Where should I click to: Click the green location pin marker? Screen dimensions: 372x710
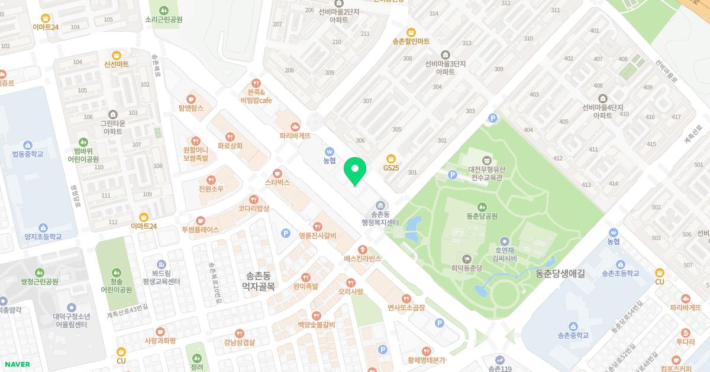click(x=355, y=171)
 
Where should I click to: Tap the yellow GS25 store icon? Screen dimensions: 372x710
click(x=390, y=158)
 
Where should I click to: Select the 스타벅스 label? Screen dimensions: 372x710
click(x=277, y=182)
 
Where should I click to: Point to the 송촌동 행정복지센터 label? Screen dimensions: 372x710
click(x=380, y=218)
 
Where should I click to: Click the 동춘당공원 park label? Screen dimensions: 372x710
click(x=482, y=216)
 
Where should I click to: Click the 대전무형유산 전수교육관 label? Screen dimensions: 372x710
click(x=487, y=172)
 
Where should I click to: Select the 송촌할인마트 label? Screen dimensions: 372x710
click(x=411, y=41)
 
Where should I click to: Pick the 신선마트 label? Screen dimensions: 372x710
click(x=116, y=64)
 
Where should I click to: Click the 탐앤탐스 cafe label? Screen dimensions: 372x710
click(x=191, y=108)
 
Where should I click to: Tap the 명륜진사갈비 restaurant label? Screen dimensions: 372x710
click(x=318, y=236)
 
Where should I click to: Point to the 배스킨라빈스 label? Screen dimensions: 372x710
click(x=362, y=259)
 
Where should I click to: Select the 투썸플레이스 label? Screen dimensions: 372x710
click(x=201, y=229)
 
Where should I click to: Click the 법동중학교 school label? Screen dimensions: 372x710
click(x=28, y=154)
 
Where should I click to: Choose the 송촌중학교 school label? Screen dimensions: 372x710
click(x=573, y=335)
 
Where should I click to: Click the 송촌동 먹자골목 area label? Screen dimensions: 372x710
click(x=259, y=281)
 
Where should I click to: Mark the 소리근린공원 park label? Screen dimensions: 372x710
click(x=164, y=19)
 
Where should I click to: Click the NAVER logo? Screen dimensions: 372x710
click(x=16, y=364)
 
